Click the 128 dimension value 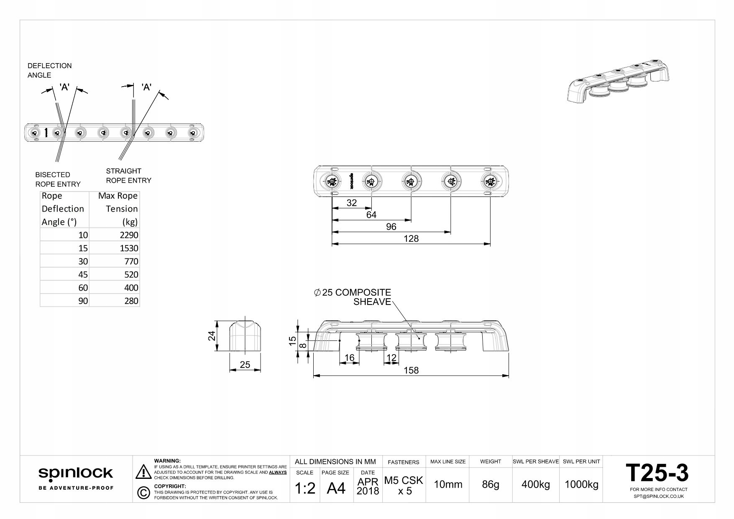tap(411, 238)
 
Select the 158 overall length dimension tap(411, 370)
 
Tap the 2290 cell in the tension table tap(129, 235)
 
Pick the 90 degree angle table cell tap(83, 301)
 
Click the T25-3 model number tap(657, 473)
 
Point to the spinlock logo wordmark tap(76, 473)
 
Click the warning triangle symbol tap(143, 471)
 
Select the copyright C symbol tap(143, 493)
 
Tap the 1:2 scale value tap(305, 488)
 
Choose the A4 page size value tap(336, 488)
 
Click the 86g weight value tap(490, 484)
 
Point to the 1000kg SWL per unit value tap(581, 484)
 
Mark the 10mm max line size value tap(448, 484)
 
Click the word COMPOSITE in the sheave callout tap(363, 292)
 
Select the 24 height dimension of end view tap(212, 336)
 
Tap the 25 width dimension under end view tap(245, 365)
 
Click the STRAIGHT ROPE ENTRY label tap(128, 176)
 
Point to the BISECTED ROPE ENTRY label tap(58, 179)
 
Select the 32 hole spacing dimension tap(352, 203)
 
